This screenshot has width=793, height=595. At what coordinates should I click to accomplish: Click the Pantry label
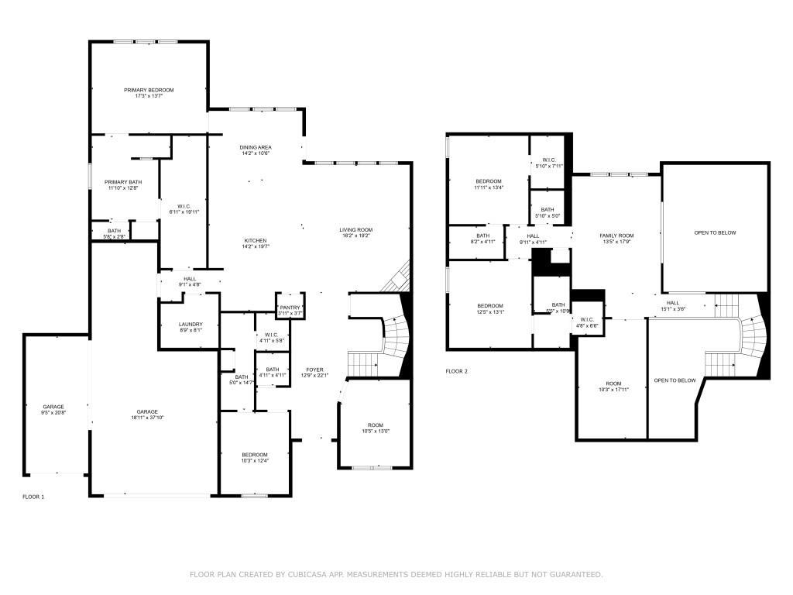click(x=290, y=308)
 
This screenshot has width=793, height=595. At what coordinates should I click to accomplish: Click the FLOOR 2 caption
click(x=457, y=371)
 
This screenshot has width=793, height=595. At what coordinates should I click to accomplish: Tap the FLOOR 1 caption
click(x=33, y=496)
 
